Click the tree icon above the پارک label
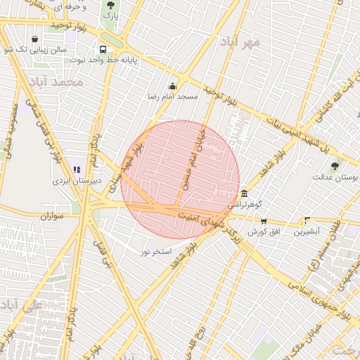click(110, 5)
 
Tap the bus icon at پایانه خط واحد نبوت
click(103, 50)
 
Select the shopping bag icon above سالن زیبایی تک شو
click(35, 39)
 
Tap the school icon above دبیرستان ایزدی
click(77, 170)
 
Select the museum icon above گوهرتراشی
click(244, 193)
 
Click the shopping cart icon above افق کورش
click(264, 221)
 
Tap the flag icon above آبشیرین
click(307, 220)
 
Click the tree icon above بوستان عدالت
click(335, 167)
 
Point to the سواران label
click(52, 216)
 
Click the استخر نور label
click(157, 251)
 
